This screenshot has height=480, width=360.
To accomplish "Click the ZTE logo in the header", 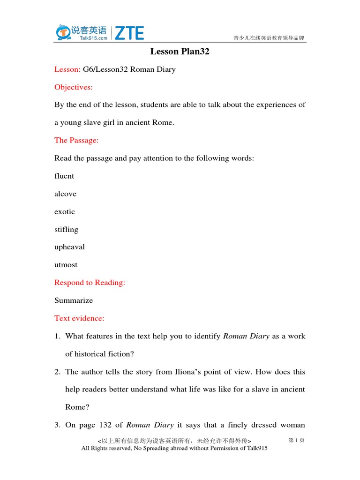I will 129,33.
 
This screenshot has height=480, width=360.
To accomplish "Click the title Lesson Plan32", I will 180,52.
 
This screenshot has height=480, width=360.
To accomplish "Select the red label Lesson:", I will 67,69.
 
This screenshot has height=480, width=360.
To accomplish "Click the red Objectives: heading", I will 74,87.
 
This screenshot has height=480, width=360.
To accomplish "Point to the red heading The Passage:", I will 76,140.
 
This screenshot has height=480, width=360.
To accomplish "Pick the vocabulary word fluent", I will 64,176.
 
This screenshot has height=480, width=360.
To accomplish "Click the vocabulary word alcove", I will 65,194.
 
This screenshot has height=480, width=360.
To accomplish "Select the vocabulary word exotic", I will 65,211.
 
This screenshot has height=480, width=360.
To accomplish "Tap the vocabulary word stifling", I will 66,229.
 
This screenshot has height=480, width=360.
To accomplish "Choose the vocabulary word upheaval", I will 69,247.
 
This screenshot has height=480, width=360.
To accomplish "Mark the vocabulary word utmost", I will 66,265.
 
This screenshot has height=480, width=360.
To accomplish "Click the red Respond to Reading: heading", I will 90,283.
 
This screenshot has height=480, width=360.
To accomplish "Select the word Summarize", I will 74,300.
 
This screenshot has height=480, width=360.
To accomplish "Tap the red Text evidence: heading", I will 79,318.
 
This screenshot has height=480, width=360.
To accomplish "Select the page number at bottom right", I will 296,441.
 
